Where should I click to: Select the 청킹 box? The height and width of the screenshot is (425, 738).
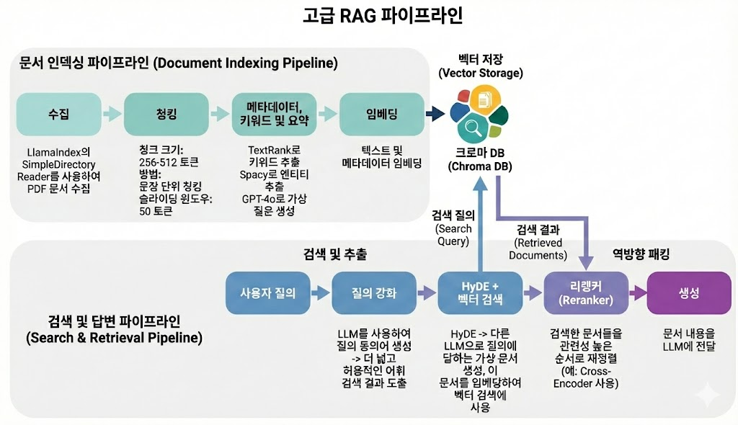point(166,115)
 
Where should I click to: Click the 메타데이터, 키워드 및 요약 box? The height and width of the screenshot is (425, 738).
point(273,115)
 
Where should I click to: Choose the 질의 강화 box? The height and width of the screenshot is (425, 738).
point(373,293)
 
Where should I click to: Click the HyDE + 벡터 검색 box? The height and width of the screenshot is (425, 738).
point(479,293)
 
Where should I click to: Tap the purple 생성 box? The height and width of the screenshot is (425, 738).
point(688,293)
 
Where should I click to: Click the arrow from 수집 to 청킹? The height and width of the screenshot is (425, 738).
point(112,114)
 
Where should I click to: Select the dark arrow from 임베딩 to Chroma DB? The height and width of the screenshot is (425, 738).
point(435,113)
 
